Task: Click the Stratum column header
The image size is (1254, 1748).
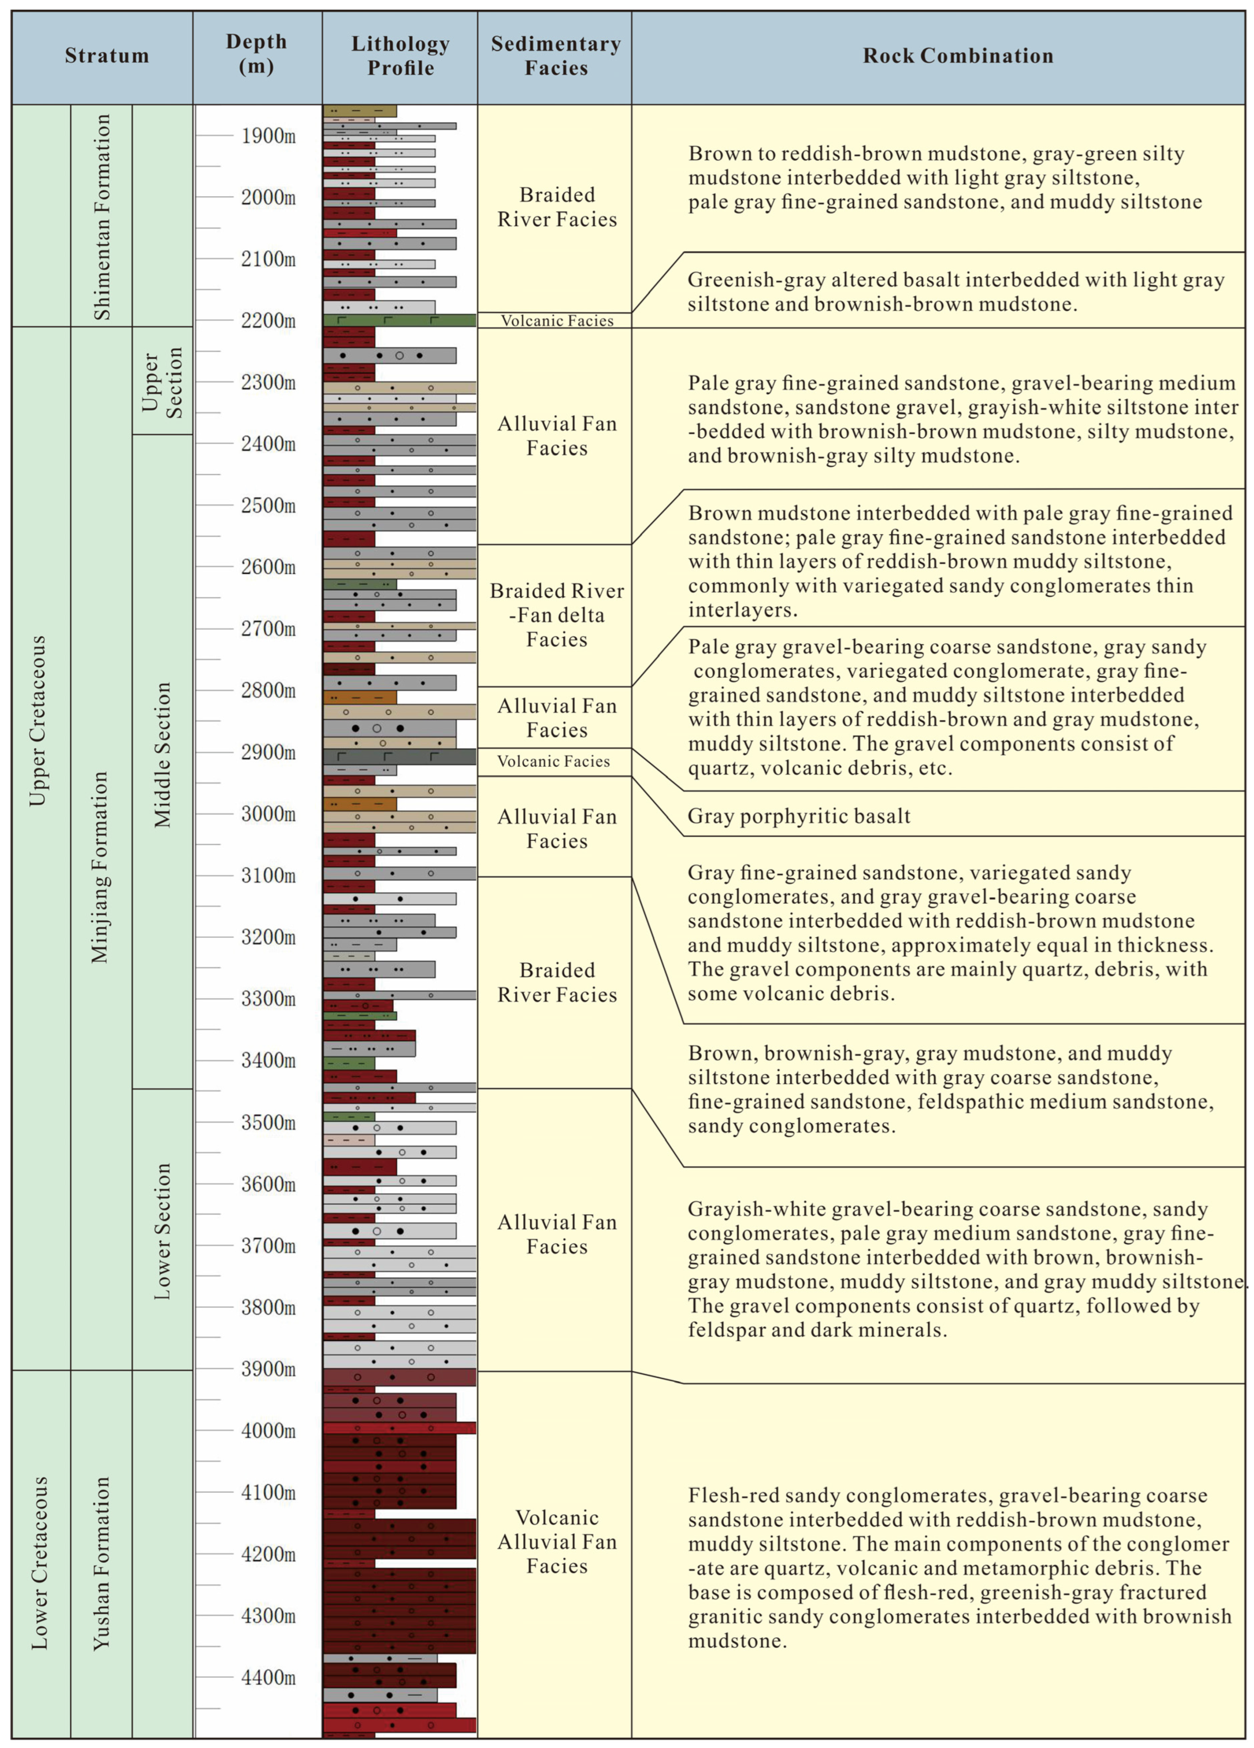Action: (x=106, y=56)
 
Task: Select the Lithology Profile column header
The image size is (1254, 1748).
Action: (x=400, y=56)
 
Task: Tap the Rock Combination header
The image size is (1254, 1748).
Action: (x=957, y=56)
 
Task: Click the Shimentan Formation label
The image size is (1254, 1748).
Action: (x=102, y=216)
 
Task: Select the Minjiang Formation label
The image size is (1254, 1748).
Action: (x=100, y=867)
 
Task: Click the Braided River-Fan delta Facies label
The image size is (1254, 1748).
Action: (x=556, y=615)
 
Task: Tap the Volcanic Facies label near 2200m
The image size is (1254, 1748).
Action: (x=556, y=321)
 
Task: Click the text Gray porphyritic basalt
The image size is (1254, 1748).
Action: (x=798, y=816)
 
